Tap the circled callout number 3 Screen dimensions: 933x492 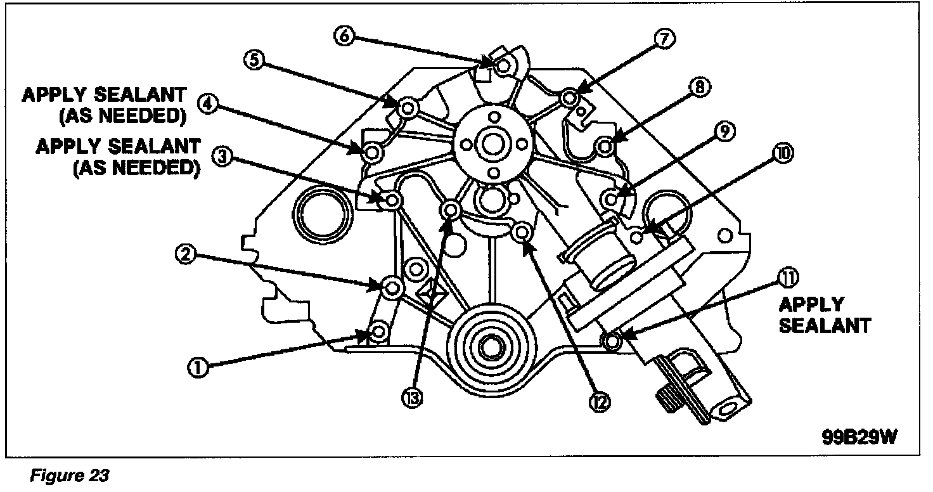(x=221, y=157)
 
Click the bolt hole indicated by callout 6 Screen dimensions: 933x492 (x=504, y=65)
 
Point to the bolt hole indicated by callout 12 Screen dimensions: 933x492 (x=522, y=234)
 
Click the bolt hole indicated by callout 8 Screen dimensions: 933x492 (x=605, y=146)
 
